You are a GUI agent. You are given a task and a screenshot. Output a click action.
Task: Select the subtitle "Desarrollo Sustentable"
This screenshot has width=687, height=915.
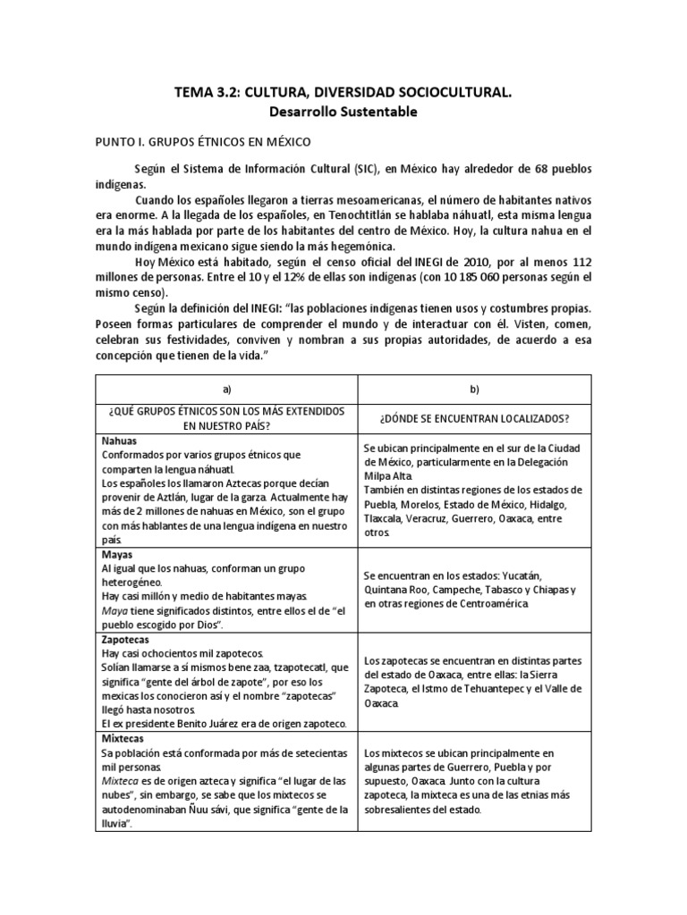coord(343,113)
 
